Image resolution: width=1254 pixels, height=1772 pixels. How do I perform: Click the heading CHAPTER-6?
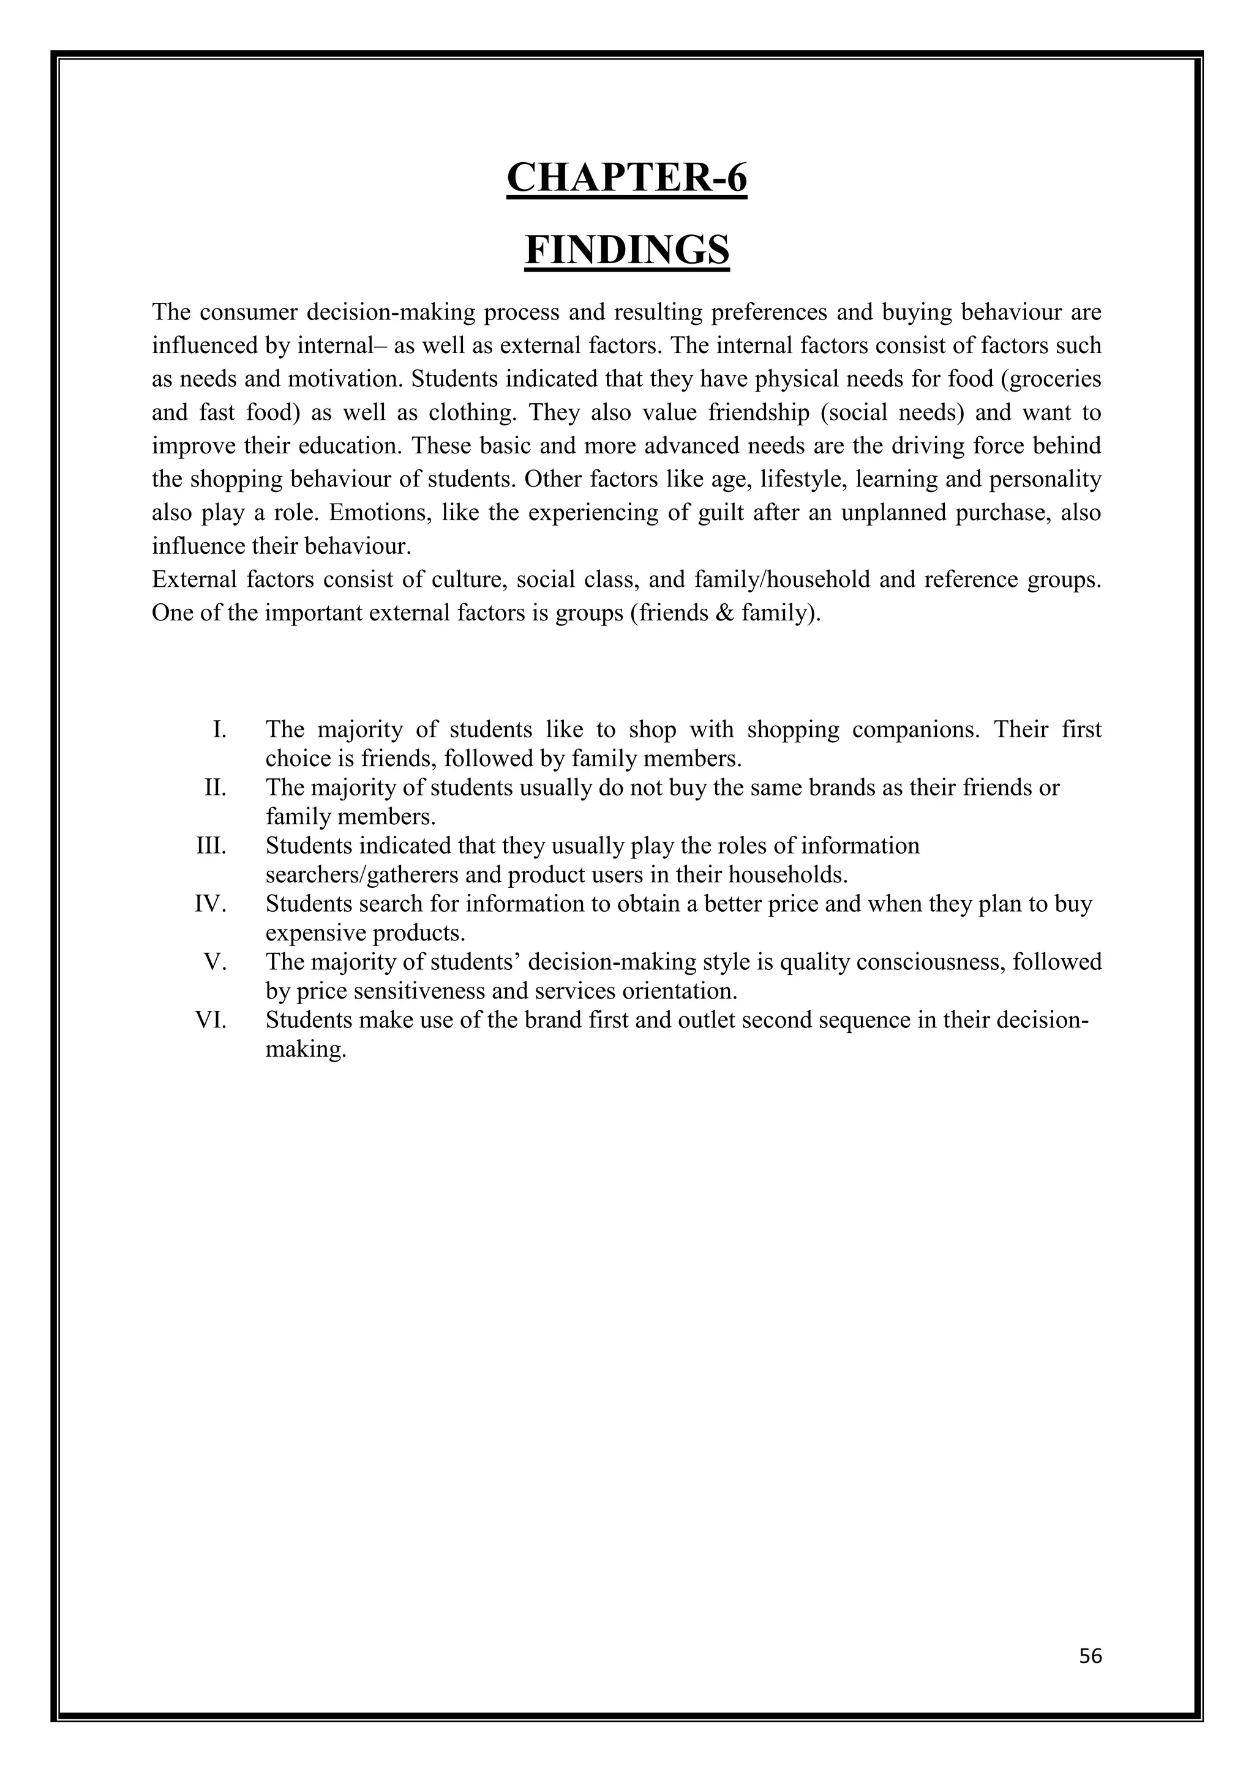(626, 177)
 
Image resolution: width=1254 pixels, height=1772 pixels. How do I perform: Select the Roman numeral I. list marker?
(219, 729)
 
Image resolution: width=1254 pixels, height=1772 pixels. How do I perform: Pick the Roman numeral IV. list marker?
(210, 904)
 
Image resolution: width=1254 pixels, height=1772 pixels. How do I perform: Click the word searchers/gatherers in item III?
(363, 875)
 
